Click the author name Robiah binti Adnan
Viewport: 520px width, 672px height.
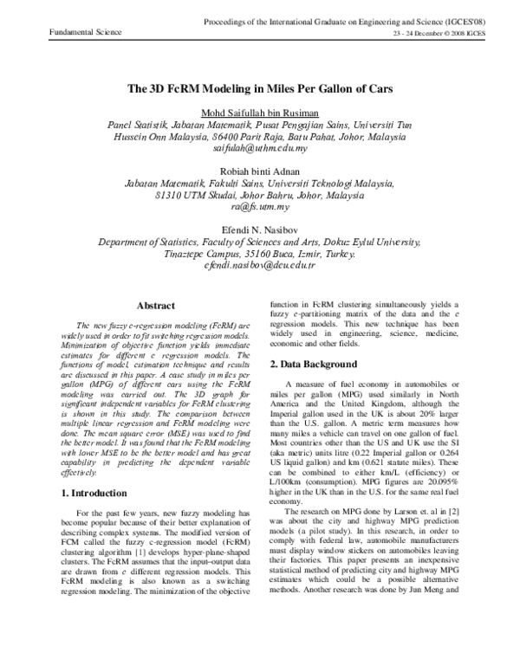[x=260, y=170]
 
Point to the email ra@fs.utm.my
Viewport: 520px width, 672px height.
[x=260, y=209]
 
